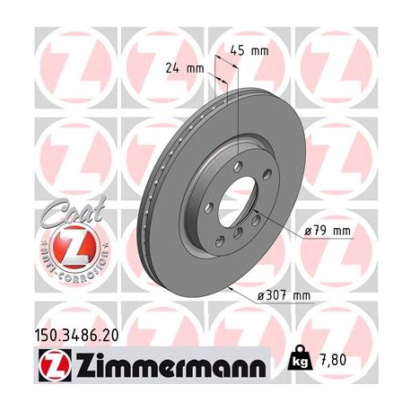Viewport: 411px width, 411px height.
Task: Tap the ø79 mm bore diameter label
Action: tap(327, 232)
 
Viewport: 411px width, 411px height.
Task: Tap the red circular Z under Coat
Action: tap(68, 248)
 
